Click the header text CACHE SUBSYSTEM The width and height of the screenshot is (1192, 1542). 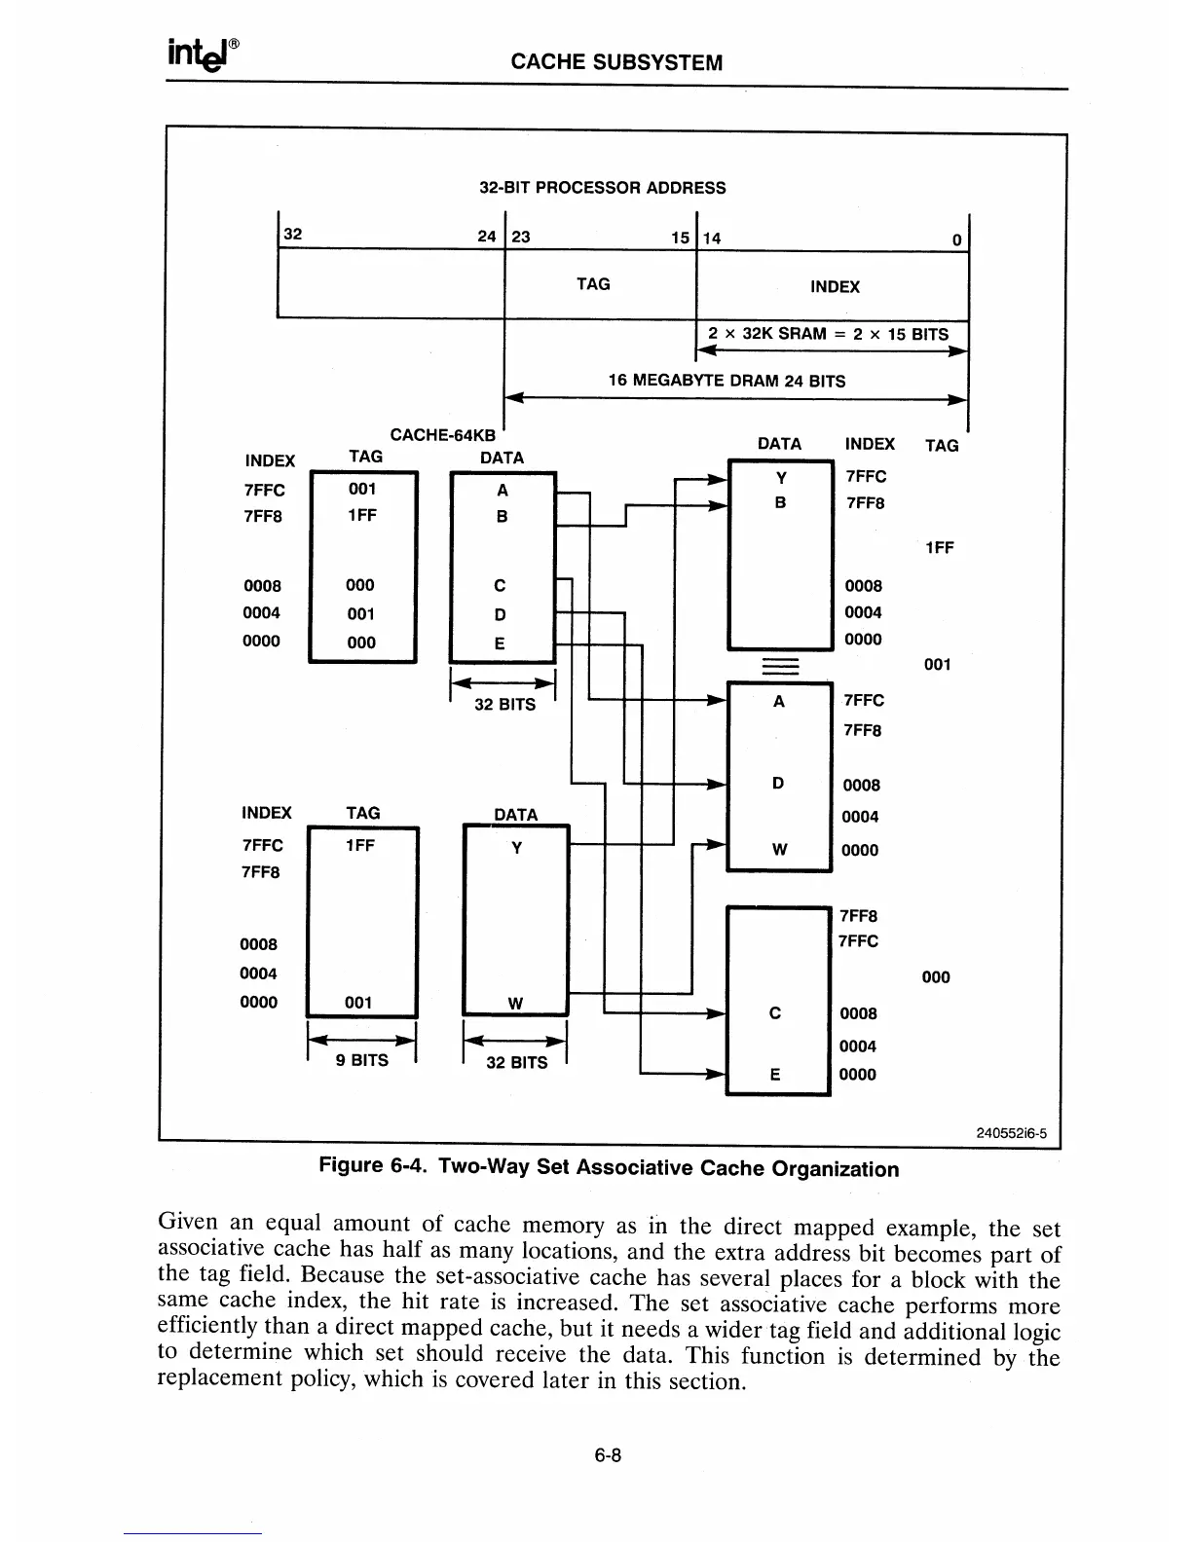click(616, 63)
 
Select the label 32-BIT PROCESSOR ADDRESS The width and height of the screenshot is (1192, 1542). click(603, 188)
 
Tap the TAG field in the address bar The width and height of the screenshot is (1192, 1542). click(593, 284)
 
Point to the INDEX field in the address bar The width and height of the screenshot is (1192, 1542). click(835, 287)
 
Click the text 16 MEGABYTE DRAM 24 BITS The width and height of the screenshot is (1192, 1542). click(726, 381)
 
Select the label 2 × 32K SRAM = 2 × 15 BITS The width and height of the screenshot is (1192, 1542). click(828, 334)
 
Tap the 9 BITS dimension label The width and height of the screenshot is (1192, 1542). click(362, 1060)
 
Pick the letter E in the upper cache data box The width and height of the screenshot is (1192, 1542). click(501, 643)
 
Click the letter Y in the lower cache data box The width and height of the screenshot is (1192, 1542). click(517, 848)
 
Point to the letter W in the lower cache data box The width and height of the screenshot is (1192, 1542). click(516, 1004)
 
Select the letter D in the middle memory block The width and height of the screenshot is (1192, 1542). click(778, 784)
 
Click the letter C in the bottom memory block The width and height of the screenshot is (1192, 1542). click(775, 1013)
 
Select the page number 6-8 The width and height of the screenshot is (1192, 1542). click(609, 1455)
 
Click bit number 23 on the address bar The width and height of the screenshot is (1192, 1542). click(521, 236)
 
